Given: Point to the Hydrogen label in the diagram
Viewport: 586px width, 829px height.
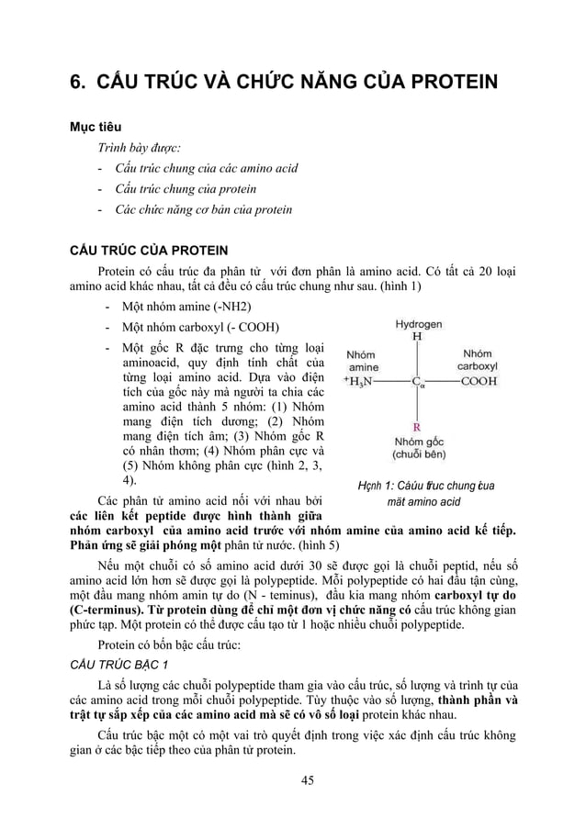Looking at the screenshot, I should [418, 324].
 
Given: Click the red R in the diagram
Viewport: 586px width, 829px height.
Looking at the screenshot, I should [417, 427].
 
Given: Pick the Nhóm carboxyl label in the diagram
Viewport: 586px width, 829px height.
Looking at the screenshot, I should [479, 359].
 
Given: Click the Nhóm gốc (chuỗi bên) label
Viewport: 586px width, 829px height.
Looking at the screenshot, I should [419, 447].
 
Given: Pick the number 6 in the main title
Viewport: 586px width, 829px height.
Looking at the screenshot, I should [78, 84].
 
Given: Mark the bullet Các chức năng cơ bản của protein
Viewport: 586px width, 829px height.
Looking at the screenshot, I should [204, 209].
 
